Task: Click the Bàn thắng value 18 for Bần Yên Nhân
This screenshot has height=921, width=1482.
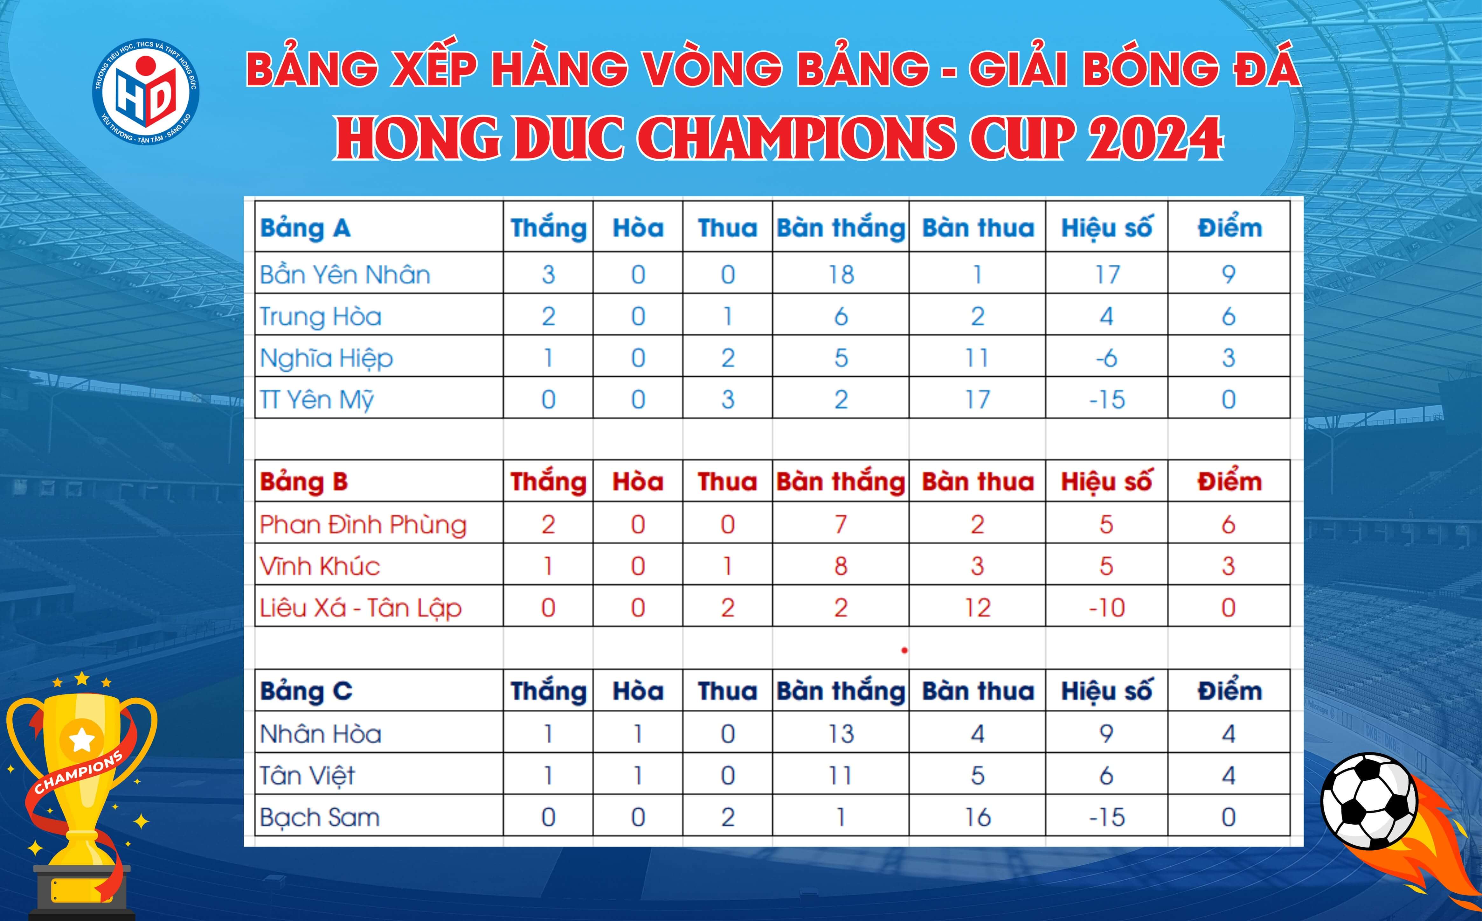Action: pos(841,275)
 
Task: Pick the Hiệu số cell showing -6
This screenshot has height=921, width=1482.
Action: pos(1106,358)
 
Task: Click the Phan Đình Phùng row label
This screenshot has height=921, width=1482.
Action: pos(363,525)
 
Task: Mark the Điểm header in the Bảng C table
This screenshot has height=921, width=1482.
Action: pos(1229,691)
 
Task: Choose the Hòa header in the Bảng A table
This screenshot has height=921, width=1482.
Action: pos(638,228)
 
